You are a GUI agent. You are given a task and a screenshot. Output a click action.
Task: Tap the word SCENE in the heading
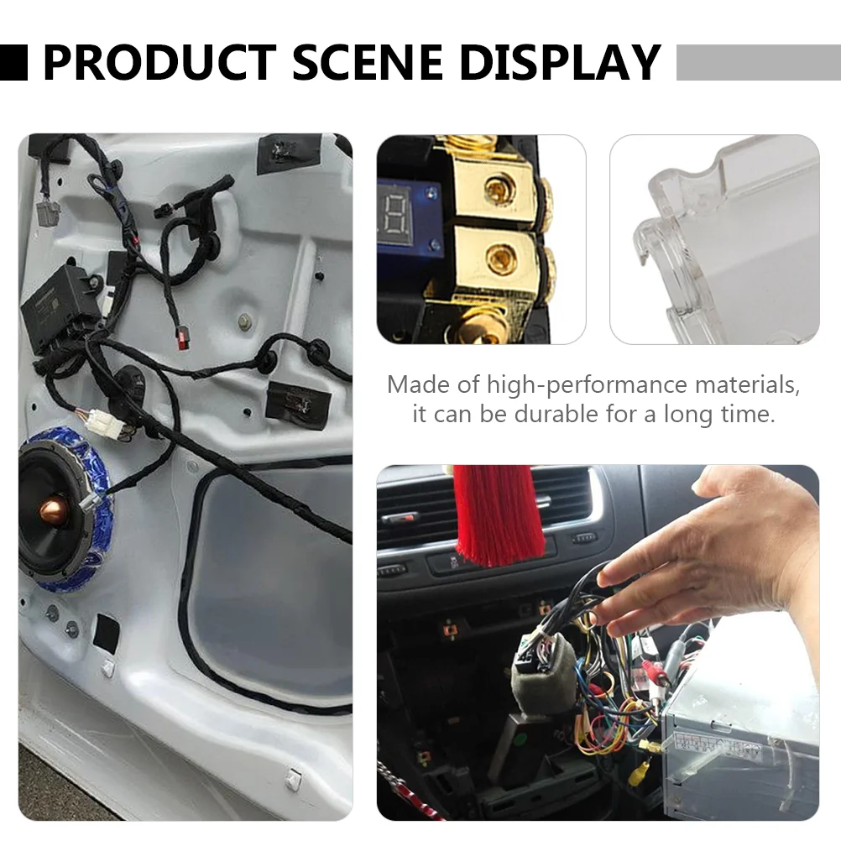tap(368, 62)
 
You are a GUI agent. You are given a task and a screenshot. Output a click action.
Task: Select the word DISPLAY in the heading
tap(560, 62)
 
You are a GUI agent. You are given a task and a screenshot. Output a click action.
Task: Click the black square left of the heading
tap(13, 63)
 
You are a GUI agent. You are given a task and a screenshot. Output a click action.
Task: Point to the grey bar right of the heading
tap(759, 63)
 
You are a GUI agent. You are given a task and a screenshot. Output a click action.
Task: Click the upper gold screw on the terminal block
tap(500, 189)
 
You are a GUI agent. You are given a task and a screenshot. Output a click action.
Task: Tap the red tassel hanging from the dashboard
tap(499, 515)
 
